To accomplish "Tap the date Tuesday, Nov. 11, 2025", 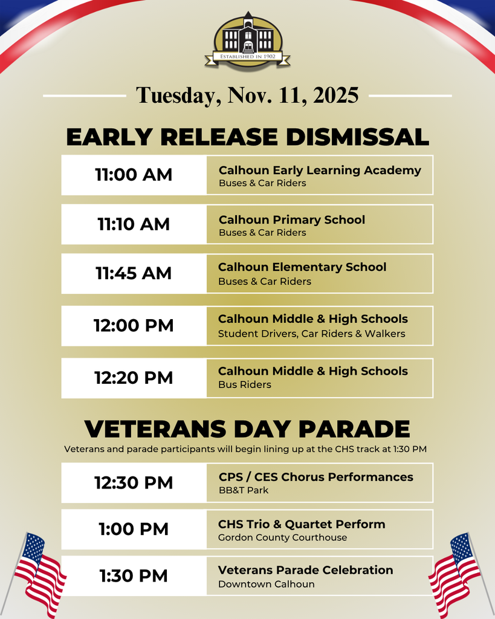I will tap(247, 96).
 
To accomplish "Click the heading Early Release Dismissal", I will tap(247, 137).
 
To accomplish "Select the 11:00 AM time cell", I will tap(134, 175).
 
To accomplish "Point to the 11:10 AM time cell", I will tap(134, 224).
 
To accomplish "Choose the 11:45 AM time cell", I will tap(134, 273).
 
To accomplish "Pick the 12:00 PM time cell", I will tap(134, 326).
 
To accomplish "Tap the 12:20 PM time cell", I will tap(134, 378).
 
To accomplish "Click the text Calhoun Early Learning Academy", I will tap(320, 170).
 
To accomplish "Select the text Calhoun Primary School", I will tap(292, 220).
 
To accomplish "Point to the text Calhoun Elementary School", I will tap(302, 267).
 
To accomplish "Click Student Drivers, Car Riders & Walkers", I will tap(312, 334).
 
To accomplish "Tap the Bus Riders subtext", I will tap(245, 385).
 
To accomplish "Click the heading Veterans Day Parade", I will tap(247, 429).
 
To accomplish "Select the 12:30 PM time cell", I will tap(134, 483).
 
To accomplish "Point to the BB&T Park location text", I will tap(244, 490).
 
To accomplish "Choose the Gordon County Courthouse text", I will tap(283, 537).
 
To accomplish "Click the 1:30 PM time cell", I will tap(134, 576).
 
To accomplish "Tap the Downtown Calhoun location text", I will tap(267, 585).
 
